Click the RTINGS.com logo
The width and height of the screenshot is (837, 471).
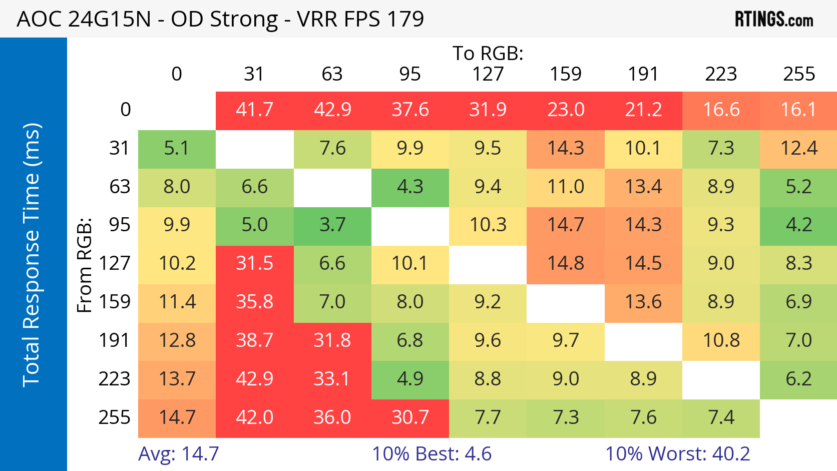pyautogui.click(x=773, y=20)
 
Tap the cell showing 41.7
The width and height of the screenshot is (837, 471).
pyautogui.click(x=254, y=110)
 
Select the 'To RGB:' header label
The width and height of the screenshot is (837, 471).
pyautogui.click(x=488, y=53)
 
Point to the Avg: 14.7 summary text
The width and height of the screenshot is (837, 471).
pyautogui.click(x=179, y=454)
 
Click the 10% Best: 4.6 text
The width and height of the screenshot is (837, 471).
pyautogui.click(x=432, y=454)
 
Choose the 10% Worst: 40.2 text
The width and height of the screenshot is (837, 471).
pyautogui.click(x=677, y=454)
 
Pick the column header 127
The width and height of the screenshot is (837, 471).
pyautogui.click(x=488, y=74)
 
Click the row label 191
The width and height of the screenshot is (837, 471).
pyautogui.click(x=115, y=340)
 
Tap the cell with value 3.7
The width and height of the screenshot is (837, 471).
pyautogui.click(x=332, y=225)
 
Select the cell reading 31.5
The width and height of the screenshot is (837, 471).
pyautogui.click(x=254, y=263)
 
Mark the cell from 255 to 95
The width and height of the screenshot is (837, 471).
pyautogui.click(x=410, y=417)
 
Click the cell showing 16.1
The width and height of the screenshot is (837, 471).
pyautogui.click(x=798, y=110)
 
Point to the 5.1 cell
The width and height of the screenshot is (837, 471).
pyautogui.click(x=177, y=148)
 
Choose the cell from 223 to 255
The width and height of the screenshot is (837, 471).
pyautogui.click(x=798, y=379)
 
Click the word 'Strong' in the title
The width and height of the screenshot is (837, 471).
pyautogui.click(x=244, y=20)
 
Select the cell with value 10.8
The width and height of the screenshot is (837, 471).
pyautogui.click(x=721, y=340)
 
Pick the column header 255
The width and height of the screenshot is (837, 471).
pyautogui.click(x=799, y=74)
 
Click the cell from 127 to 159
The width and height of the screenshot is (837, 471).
pyautogui.click(x=566, y=263)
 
